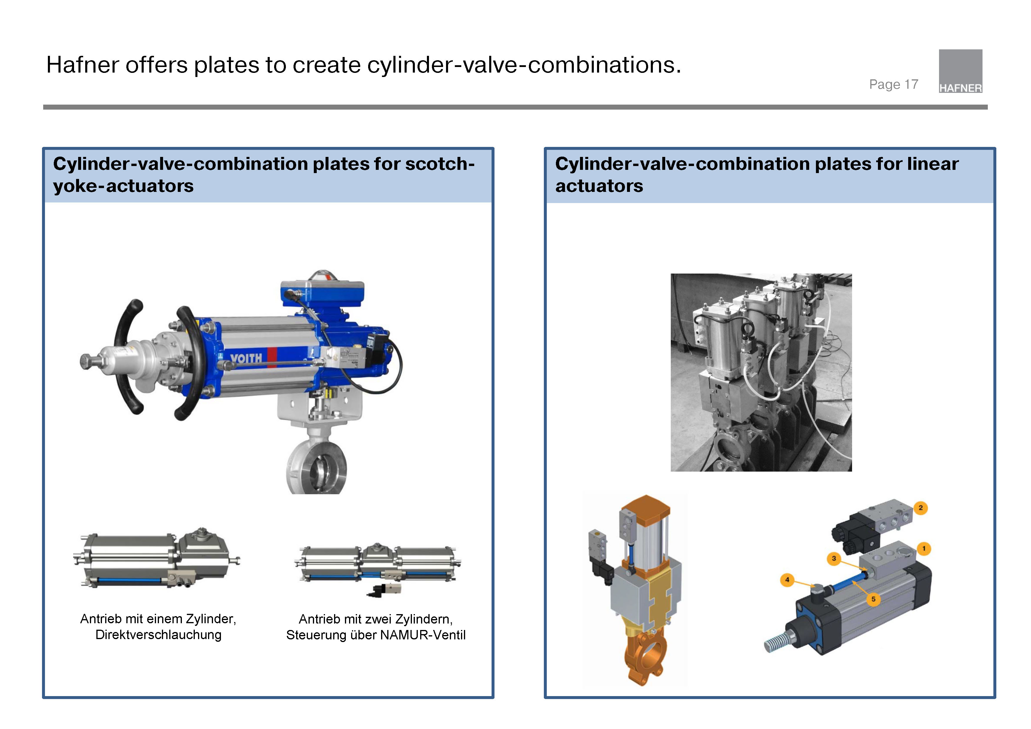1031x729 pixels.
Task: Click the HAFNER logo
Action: coord(960,71)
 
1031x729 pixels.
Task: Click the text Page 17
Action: coord(893,84)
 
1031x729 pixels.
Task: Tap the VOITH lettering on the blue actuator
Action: coord(246,358)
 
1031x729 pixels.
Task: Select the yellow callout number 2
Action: coord(921,508)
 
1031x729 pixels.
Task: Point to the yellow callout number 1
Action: coord(924,548)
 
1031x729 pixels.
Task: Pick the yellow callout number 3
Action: coord(834,558)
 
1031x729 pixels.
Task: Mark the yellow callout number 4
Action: coord(787,579)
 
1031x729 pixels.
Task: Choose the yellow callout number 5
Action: coord(874,599)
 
